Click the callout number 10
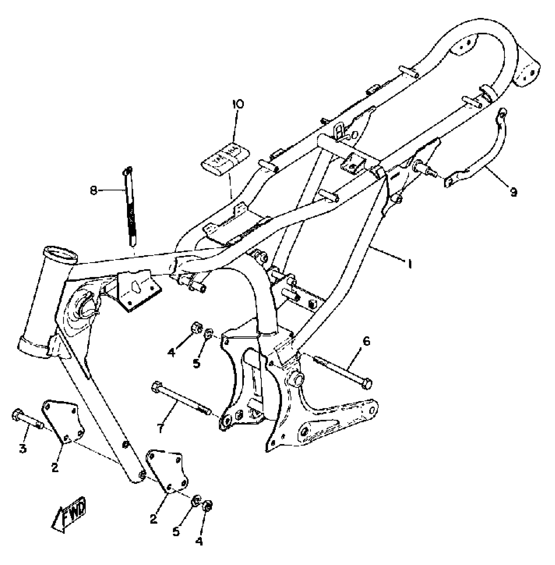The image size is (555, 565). pyautogui.click(x=238, y=104)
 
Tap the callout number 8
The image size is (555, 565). pyautogui.click(x=94, y=191)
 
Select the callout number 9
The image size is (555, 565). pyautogui.click(x=514, y=193)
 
